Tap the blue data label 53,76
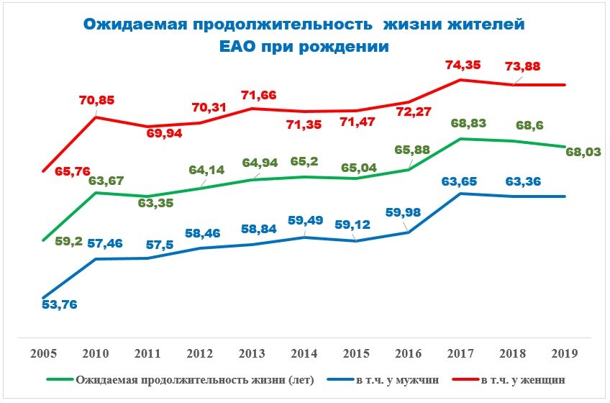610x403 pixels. (x=59, y=304)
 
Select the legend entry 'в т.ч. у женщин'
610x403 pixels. (x=518, y=379)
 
